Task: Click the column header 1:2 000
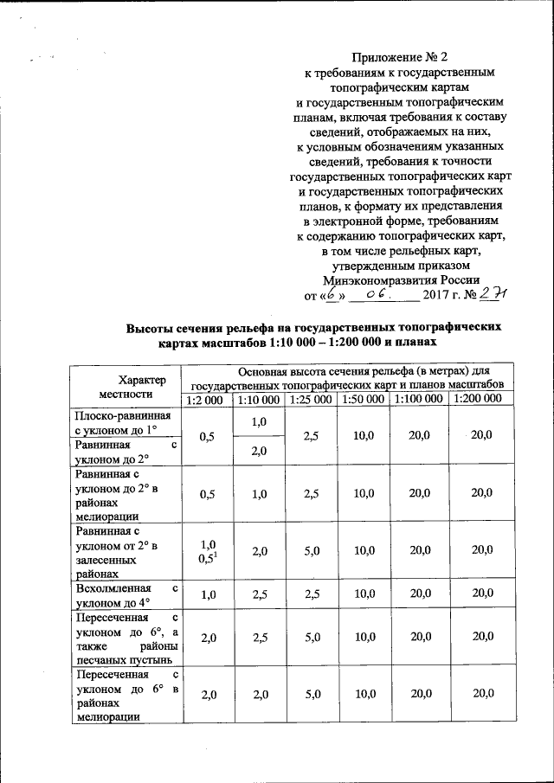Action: (205, 400)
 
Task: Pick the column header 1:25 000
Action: (310, 400)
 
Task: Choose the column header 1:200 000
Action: (475, 400)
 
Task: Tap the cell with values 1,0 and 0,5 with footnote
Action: (207, 550)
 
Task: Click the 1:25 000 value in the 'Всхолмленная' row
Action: (310, 595)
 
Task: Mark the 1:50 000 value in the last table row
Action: (364, 694)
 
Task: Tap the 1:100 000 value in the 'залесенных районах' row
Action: (419, 550)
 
